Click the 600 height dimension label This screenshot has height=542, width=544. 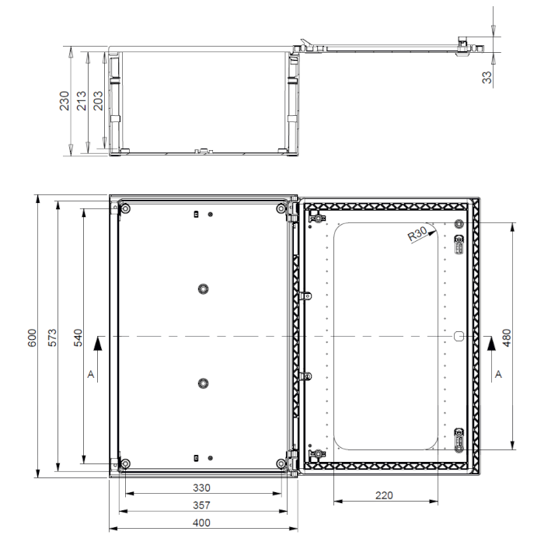pyautogui.click(x=32, y=337)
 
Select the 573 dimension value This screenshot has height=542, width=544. pyautogui.click(x=52, y=337)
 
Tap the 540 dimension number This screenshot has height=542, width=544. pyautogui.click(x=78, y=337)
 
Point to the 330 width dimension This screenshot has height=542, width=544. pyautogui.click(x=201, y=488)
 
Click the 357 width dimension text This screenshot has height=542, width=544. pyautogui.click(x=201, y=505)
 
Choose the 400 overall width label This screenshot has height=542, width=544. pyautogui.click(x=201, y=523)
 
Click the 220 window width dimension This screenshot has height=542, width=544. pyautogui.click(x=384, y=495)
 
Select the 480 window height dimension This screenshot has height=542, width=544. pyautogui.click(x=507, y=337)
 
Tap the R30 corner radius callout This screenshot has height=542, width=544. pyautogui.click(x=417, y=234)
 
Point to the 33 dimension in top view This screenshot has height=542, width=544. pyautogui.click(x=487, y=78)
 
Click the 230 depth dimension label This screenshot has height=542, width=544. pyautogui.click(x=65, y=100)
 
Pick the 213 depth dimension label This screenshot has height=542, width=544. pyautogui.click(x=81, y=100)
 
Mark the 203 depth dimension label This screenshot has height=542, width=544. pyautogui.click(x=98, y=100)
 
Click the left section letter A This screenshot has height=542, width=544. pyautogui.click(x=91, y=374)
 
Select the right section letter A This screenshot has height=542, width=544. pyautogui.click(x=499, y=374)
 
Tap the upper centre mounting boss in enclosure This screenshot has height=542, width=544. pyautogui.click(x=204, y=288)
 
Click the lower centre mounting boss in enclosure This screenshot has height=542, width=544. pyautogui.click(x=204, y=383)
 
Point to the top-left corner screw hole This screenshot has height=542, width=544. pyautogui.click(x=125, y=208)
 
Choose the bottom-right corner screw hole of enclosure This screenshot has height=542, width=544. pyautogui.click(x=281, y=463)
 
